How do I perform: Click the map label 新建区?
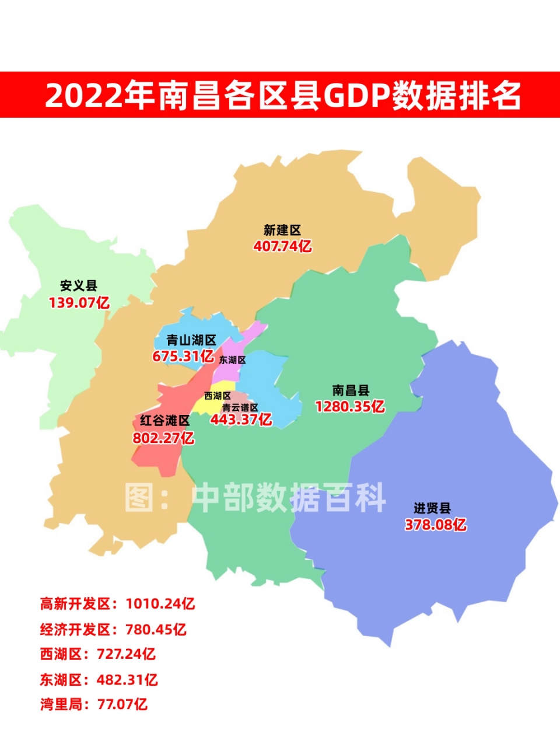tap(282, 231)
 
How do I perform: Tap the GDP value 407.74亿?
tap(282, 246)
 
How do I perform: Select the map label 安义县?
tap(79, 286)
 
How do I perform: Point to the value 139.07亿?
tap(79, 302)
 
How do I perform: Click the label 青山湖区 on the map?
tap(191, 340)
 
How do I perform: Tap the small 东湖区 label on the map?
tap(232, 360)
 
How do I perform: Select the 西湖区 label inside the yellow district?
tap(217, 396)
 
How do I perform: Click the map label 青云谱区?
tap(240, 407)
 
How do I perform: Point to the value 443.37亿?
tap(241, 419)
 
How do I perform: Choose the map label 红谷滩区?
tap(164, 421)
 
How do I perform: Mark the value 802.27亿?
tap(163, 438)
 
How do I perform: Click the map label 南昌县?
tap(351, 390)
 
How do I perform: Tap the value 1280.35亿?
tap(350, 406)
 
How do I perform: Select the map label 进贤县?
tap(432, 508)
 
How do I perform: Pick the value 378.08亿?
tap(436, 525)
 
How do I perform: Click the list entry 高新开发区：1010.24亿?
tap(117, 603)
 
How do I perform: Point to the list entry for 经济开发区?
tap(113, 629)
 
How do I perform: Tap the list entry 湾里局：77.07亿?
tap(94, 704)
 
